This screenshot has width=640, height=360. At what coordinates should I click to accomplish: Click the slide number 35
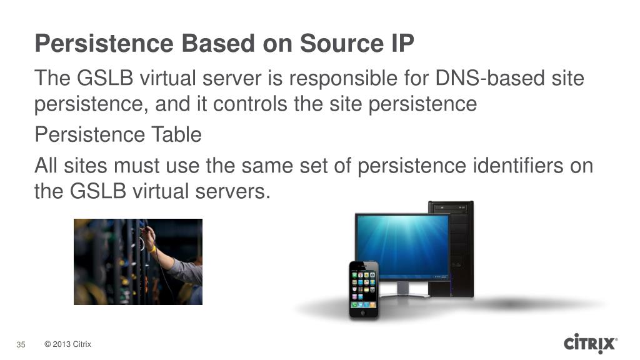click(21, 344)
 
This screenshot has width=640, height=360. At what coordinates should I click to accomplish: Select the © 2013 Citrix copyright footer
click(68, 344)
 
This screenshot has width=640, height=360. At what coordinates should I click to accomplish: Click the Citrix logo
click(591, 344)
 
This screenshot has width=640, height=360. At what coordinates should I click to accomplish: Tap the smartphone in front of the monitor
click(364, 289)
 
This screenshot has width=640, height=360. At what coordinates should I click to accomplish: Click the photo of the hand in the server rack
click(138, 261)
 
